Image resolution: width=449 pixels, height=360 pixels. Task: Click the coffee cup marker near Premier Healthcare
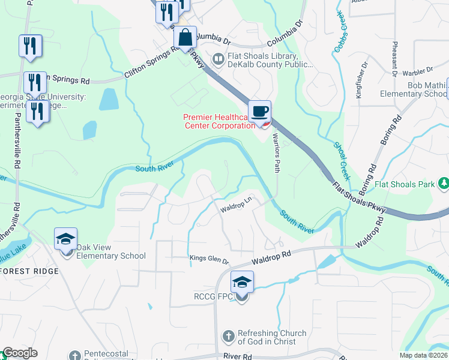pos(260,111)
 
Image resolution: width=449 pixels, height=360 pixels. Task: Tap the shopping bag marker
pos(185,37)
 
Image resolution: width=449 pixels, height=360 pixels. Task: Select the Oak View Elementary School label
pos(107,256)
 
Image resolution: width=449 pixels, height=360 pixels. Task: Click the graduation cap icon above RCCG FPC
pos(242,282)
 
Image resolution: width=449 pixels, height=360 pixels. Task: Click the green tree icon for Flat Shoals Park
pos(443,182)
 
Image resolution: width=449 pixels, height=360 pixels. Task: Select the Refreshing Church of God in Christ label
pos(272,337)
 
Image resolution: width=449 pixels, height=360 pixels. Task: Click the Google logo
pos(19,353)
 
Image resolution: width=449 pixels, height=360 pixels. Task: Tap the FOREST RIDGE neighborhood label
pos(30,271)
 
